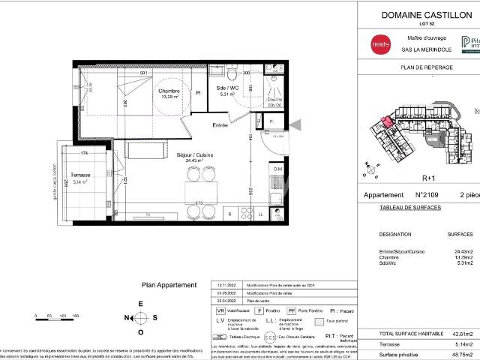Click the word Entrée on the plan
coord(220,124)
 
